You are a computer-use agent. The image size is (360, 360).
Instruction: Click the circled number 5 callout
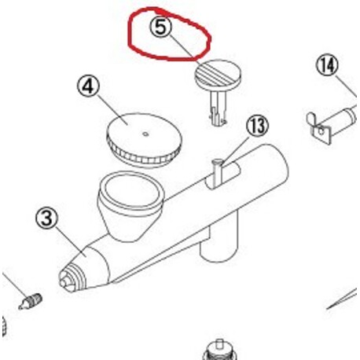(x=160, y=27)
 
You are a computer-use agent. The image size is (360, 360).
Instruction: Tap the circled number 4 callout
(x=88, y=86)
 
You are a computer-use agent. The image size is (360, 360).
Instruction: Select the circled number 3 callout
(x=46, y=218)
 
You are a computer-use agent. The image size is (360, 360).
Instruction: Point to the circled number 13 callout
(x=258, y=126)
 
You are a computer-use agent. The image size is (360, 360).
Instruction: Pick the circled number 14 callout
(x=327, y=65)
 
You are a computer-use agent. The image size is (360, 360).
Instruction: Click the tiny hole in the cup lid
(x=145, y=134)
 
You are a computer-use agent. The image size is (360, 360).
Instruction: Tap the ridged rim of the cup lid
(x=141, y=155)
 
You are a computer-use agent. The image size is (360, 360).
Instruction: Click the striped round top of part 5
(x=219, y=73)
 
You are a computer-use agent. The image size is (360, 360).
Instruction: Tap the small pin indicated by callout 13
(x=217, y=172)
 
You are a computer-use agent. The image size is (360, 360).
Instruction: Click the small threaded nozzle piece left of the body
(x=30, y=301)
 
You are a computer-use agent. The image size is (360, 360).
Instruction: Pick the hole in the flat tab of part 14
(x=321, y=130)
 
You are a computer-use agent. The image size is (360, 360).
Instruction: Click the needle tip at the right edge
(x=342, y=299)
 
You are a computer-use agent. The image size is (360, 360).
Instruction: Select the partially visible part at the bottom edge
(x=219, y=350)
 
